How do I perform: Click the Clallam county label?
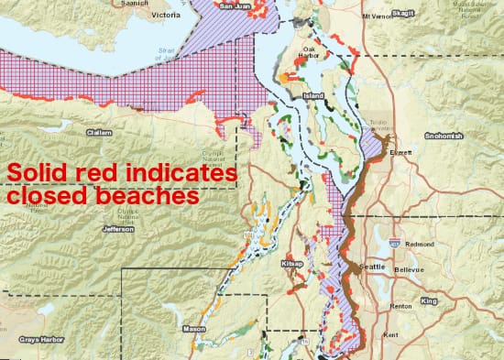pos(98,131)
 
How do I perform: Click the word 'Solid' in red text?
pos(36,173)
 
